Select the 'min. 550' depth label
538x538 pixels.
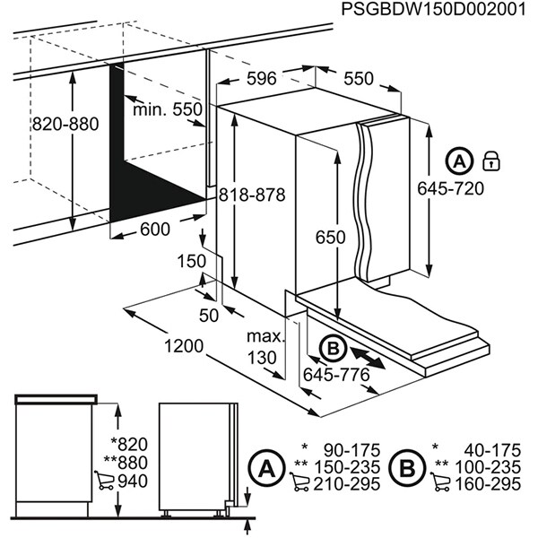coord(168,109)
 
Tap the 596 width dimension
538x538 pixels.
coord(261,79)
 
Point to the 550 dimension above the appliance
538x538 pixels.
coord(358,79)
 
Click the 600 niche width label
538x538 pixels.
coord(155,230)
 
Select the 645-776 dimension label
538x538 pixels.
coord(337,374)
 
